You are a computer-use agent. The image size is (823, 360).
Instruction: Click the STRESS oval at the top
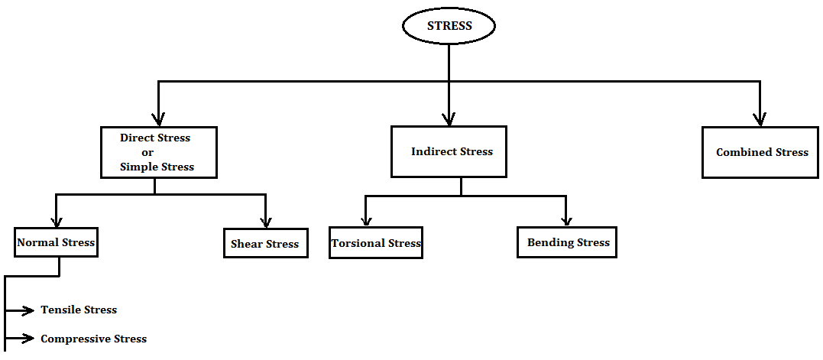click(449, 26)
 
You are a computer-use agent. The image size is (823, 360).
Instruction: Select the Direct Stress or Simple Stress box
click(159, 152)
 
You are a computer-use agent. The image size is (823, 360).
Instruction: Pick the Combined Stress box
click(760, 152)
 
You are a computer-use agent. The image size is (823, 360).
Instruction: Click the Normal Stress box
click(56, 243)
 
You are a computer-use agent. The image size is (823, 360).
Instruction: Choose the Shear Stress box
click(265, 244)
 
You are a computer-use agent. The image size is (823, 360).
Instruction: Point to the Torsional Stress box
click(376, 243)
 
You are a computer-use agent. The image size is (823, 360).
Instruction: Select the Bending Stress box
click(567, 242)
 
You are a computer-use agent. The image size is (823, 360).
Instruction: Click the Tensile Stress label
click(79, 310)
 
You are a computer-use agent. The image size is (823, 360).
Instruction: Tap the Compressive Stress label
click(93, 339)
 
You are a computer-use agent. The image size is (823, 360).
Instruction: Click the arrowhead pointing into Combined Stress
click(760, 119)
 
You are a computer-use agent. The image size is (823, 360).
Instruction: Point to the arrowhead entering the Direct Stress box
click(158, 119)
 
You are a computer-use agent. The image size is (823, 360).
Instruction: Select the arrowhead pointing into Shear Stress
click(265, 222)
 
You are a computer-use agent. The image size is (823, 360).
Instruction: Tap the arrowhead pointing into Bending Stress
click(566, 220)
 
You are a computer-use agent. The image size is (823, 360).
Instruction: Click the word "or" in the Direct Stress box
click(147, 152)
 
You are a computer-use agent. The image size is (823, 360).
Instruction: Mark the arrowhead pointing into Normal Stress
click(56, 222)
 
